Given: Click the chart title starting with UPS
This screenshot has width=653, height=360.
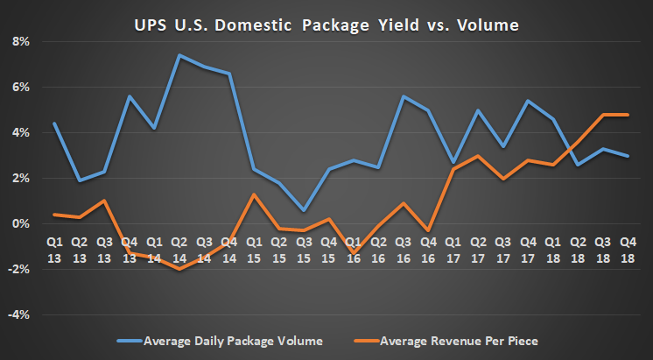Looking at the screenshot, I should coord(326,25).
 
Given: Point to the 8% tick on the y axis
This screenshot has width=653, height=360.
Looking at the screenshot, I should coord(18,42).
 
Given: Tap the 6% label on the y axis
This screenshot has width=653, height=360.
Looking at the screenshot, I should coord(18,88).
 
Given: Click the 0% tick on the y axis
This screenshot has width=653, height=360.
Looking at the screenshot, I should coord(18,224).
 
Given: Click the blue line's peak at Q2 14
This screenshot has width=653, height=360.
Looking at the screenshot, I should coord(179,55).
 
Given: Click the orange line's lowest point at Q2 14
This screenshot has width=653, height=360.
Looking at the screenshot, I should coord(179,269).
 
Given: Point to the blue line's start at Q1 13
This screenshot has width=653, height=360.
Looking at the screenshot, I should coord(54,124).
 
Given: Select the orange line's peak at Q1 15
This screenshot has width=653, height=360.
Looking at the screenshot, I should coord(254,194).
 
